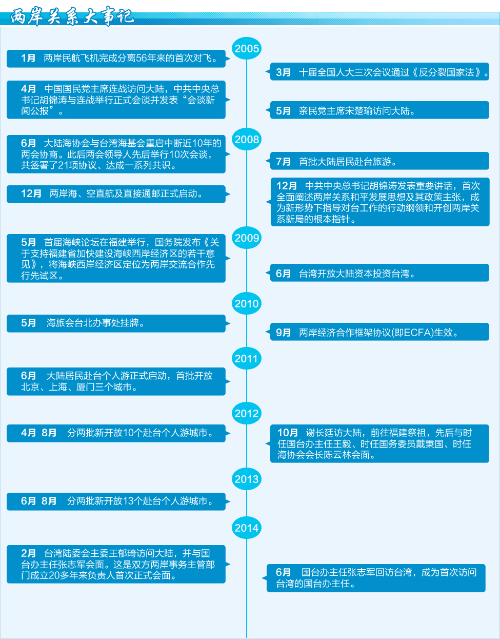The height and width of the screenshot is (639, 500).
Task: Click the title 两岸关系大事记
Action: [x=72, y=16]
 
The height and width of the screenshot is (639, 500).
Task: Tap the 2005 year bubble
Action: [x=247, y=48]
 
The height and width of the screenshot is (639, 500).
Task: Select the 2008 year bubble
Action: [x=247, y=140]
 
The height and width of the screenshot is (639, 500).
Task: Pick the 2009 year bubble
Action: [x=247, y=238]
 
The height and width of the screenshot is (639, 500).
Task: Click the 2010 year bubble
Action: [x=247, y=303]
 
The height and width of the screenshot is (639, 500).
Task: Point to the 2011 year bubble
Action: [x=247, y=358]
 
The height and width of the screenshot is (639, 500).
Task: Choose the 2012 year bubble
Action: [x=247, y=413]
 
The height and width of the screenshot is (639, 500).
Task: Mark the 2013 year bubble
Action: [x=247, y=479]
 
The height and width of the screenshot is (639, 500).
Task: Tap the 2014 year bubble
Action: [x=247, y=528]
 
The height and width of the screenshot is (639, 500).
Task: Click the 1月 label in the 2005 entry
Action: [x=28, y=58]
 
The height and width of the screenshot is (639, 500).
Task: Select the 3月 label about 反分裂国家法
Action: [x=283, y=72]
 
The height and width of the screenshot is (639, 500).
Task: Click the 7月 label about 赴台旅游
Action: [x=283, y=162]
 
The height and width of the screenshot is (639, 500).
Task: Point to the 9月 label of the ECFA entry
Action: [x=283, y=332]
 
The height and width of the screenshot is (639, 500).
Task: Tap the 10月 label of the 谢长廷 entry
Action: [x=288, y=433]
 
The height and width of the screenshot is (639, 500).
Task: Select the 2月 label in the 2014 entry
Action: [x=28, y=553]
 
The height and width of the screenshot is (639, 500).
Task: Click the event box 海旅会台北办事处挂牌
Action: [x=116, y=323]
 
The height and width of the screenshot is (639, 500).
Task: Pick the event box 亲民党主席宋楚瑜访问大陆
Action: [x=379, y=110]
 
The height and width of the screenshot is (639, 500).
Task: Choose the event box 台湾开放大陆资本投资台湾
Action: [x=379, y=273]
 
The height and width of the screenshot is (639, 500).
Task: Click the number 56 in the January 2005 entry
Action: [x=141, y=58]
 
